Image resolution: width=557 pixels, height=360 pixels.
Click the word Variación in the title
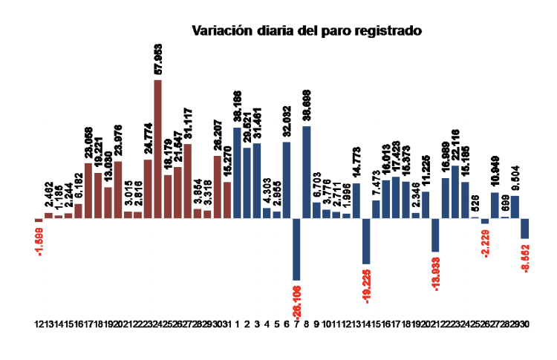click(x=218, y=31)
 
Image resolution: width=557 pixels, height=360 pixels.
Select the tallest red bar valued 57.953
click(x=157, y=148)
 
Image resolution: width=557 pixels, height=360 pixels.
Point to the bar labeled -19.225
click(x=366, y=241)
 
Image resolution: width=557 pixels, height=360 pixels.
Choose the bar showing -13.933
click(x=436, y=235)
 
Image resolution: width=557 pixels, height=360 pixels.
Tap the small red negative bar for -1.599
click(x=39, y=220)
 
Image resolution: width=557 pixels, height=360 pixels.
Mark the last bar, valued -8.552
click(x=524, y=229)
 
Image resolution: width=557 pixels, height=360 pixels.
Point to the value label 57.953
click(x=157, y=57)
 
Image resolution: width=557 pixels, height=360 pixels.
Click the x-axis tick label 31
click(x=227, y=324)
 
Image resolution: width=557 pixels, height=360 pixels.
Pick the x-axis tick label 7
click(x=297, y=324)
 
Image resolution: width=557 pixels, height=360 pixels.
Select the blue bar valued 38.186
click(x=237, y=172)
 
